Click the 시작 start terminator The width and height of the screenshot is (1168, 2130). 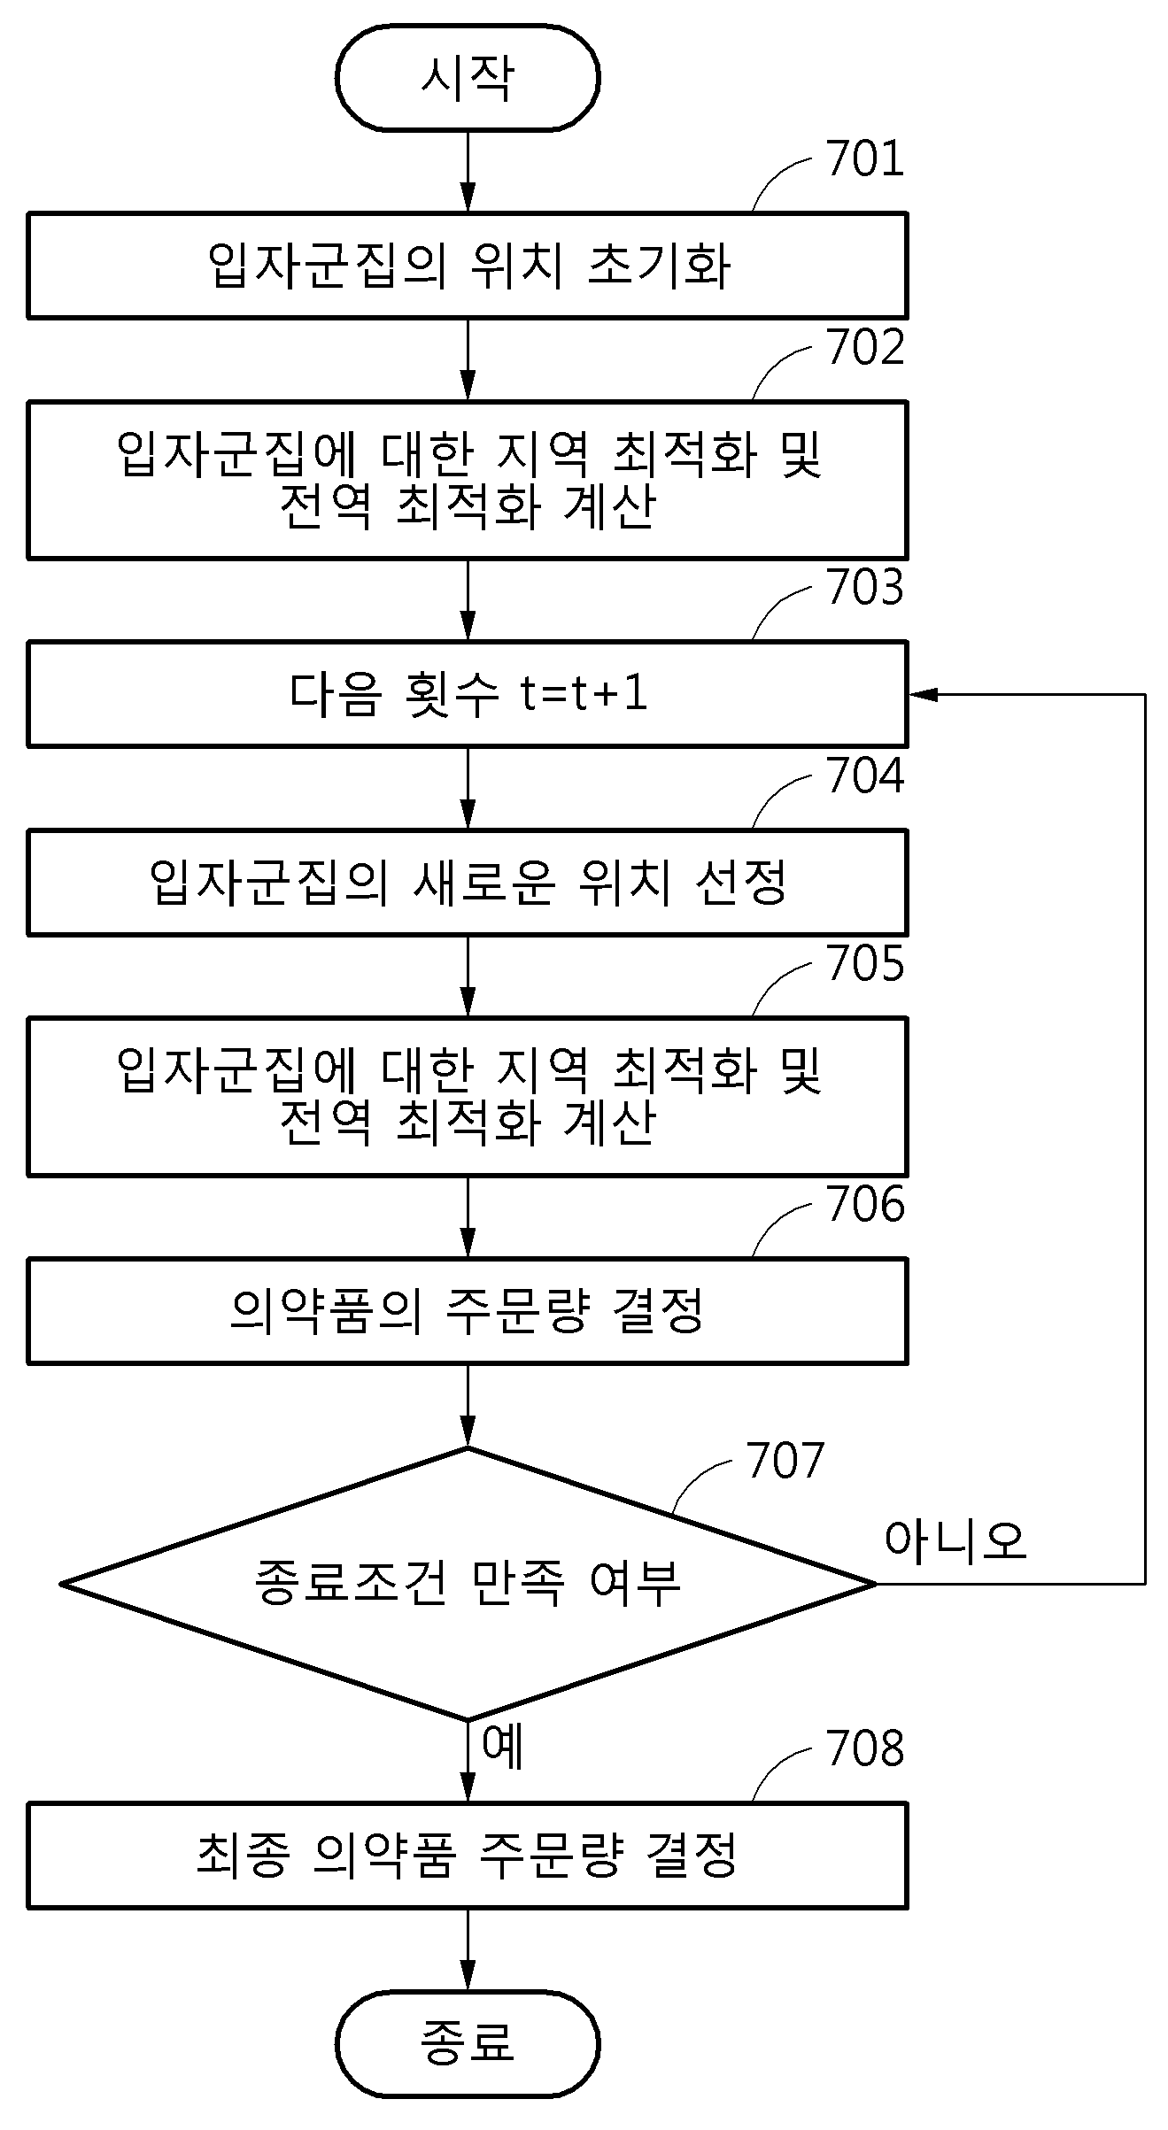tap(468, 78)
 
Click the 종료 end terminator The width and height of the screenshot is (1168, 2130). tap(468, 2043)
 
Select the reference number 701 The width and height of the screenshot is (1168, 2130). tap(865, 159)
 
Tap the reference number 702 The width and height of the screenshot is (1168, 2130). tap(865, 347)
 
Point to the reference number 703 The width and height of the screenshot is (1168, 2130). tap(865, 587)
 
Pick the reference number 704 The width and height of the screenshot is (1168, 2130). tap(865, 776)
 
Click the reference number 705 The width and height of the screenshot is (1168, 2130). tap(865, 963)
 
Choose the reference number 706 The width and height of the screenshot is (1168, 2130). tap(865, 1204)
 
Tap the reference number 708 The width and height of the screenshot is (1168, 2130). tap(865, 1748)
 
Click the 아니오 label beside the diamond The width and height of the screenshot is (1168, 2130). tap(955, 1540)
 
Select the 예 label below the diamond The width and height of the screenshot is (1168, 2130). tap(503, 1746)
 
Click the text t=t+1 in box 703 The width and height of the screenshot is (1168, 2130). tap(584, 693)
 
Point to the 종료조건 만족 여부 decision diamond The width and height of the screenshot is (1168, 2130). tap(468, 1584)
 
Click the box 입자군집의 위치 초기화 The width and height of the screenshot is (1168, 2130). tap(468, 266)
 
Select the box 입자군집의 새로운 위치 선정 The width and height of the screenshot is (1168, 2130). tap(468, 882)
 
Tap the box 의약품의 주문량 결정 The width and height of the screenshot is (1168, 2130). tap(468, 1311)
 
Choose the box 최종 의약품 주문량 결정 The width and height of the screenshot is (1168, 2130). tap(468, 1855)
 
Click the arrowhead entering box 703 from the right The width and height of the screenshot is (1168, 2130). tap(923, 694)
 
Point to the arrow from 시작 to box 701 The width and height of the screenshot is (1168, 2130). tap(468, 172)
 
